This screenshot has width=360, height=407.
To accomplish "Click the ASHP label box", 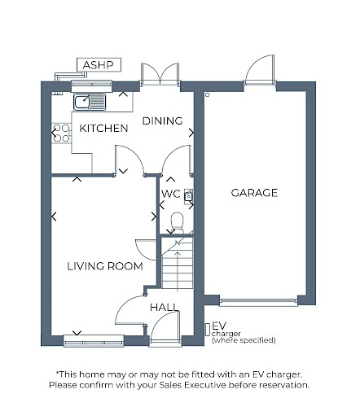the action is (x=99, y=65).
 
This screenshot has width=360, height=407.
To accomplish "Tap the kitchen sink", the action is (x=90, y=102).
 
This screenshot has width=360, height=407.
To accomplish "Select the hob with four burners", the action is (x=61, y=133).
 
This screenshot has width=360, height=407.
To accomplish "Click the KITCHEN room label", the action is (x=103, y=128).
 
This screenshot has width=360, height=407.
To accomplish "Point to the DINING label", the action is (x=162, y=120).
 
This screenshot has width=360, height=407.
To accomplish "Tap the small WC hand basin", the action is (x=189, y=195).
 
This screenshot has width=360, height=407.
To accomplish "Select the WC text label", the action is (x=171, y=194).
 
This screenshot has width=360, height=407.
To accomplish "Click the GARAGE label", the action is (x=254, y=193).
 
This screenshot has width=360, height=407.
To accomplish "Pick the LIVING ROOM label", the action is (x=105, y=266).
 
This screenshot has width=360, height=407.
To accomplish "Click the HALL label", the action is (x=165, y=308).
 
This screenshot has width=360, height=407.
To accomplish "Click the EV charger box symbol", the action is (x=208, y=330).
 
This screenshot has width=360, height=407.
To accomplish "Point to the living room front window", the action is (x=94, y=341).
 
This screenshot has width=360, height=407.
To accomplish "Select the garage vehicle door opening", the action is (x=258, y=302).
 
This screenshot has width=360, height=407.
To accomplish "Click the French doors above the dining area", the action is (x=160, y=74).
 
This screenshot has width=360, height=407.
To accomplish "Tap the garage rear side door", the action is (x=260, y=70).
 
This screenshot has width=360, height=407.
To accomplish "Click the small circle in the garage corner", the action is (x=208, y=94).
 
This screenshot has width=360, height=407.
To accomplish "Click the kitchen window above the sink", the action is (x=91, y=85).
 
